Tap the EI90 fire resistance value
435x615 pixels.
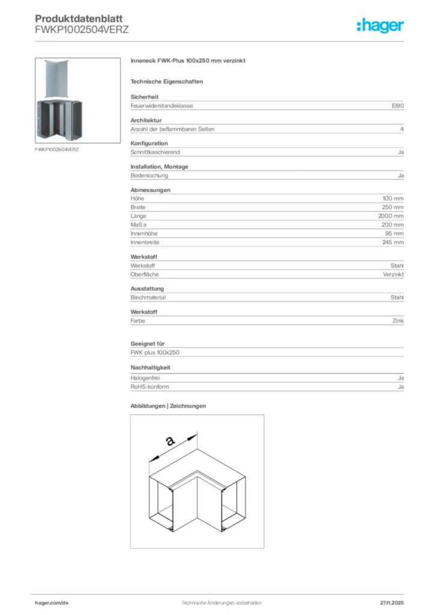[x=397, y=106]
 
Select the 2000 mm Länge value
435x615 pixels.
[x=391, y=216]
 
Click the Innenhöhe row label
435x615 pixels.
[x=144, y=233]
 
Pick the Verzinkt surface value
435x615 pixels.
[x=394, y=274]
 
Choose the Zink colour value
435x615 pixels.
[x=398, y=321]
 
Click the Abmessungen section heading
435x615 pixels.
[x=150, y=190]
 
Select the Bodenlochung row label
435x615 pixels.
[x=149, y=175]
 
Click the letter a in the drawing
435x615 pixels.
[x=170, y=441]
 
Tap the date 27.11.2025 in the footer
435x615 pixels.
[x=392, y=602]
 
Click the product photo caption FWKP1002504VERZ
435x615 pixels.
[x=57, y=149]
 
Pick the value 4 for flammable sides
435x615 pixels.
[x=401, y=129]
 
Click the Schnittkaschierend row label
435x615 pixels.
[x=155, y=152]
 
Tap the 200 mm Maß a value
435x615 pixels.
[x=393, y=225]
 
